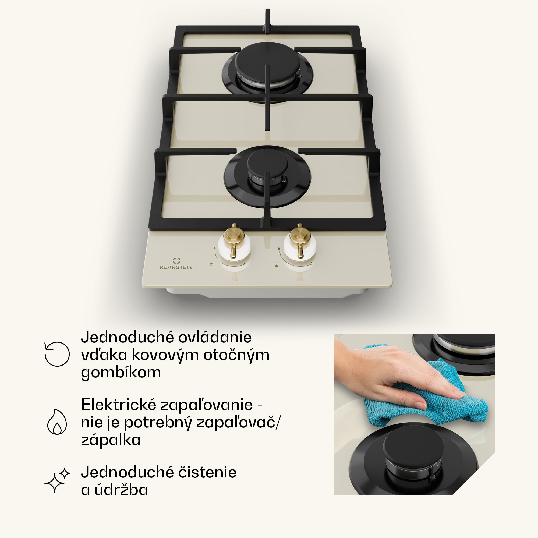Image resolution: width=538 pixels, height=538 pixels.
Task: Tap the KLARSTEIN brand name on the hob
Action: (176, 267)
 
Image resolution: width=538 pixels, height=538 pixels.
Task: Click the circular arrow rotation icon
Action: (57, 354)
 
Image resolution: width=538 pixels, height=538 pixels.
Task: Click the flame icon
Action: (57, 422)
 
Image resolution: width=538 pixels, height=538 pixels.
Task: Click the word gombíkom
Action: (121, 372)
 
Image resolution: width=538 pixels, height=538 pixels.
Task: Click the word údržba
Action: (121, 490)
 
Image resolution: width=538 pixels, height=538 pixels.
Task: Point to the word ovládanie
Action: (215, 337)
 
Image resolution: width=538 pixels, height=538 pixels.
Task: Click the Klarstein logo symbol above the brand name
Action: (176, 260)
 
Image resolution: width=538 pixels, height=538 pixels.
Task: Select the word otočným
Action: (236, 355)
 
